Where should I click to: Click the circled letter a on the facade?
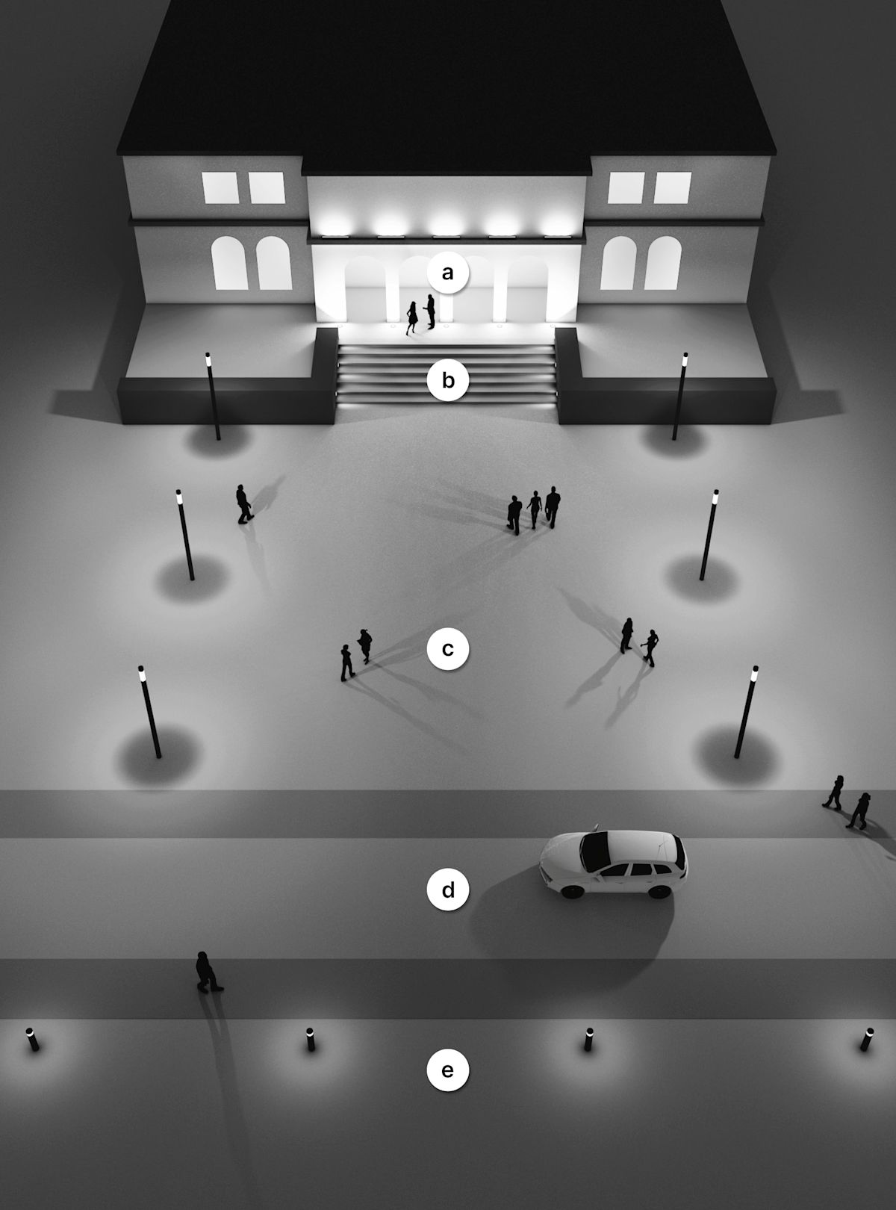coord(448,272)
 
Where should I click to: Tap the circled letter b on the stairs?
coord(448,380)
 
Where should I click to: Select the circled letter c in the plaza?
coord(448,649)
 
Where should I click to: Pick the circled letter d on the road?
coord(448,890)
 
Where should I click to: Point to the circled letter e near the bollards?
coord(448,1070)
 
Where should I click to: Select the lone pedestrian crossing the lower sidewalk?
coord(208,972)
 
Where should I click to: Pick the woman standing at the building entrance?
coord(411,319)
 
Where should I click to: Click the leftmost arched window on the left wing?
coord(229,263)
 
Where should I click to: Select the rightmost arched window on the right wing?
coord(663,263)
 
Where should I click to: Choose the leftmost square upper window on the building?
coord(220,187)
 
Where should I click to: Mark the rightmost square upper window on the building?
coord(673,187)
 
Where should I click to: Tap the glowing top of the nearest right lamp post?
coord(754,674)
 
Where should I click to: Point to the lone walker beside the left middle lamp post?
coord(243,504)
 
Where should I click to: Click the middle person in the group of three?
coord(534,509)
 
